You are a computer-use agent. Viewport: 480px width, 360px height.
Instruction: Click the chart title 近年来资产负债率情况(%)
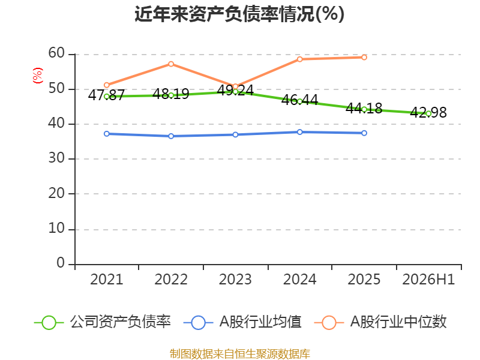click(x=239, y=14)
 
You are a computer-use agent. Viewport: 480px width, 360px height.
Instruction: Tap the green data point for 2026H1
click(x=428, y=113)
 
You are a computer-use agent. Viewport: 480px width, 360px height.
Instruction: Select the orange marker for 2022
click(x=171, y=64)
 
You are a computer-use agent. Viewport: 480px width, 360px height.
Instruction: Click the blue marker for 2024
click(x=299, y=132)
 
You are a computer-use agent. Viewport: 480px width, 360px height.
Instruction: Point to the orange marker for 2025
click(x=364, y=57)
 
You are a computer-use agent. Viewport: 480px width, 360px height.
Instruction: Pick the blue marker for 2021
click(x=107, y=134)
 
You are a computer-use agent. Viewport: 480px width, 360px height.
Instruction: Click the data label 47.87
click(x=106, y=95)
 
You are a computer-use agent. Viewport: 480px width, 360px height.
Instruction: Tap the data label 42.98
click(x=428, y=112)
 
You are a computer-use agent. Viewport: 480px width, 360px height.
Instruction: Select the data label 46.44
click(x=299, y=100)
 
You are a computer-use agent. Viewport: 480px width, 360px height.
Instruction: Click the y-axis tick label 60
click(x=56, y=53)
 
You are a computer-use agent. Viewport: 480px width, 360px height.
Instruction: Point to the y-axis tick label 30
click(x=56, y=158)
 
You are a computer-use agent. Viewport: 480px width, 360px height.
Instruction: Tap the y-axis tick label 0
click(x=61, y=263)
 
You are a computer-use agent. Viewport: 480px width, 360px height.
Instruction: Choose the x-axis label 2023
click(x=235, y=280)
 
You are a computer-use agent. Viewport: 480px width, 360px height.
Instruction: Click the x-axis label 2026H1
click(x=428, y=280)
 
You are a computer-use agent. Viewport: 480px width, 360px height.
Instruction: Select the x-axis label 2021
click(x=107, y=280)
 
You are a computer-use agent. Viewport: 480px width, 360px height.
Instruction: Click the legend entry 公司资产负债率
click(x=102, y=322)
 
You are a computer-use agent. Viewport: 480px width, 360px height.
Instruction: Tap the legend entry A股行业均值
click(x=242, y=322)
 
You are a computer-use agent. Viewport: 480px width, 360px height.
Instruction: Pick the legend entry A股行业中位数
click(x=380, y=322)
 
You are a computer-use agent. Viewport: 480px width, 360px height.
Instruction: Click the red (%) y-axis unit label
click(x=38, y=76)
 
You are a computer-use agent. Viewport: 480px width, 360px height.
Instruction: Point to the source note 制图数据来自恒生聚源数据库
click(x=240, y=354)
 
